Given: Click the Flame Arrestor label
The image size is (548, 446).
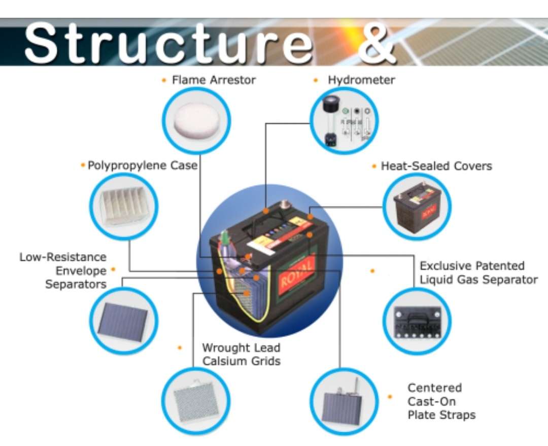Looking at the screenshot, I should [x=214, y=80].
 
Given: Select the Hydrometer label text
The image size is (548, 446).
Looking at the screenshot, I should [x=361, y=80].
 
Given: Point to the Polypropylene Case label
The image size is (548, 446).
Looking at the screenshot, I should [x=143, y=165].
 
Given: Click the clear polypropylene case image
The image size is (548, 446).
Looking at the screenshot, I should [x=124, y=207].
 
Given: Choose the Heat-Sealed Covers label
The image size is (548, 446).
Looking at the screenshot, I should [x=436, y=166].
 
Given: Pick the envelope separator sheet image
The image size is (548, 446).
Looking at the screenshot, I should [x=123, y=321].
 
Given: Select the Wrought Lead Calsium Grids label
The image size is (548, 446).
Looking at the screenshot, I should [x=241, y=354].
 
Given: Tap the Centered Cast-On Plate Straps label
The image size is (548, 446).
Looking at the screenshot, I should [x=441, y=401].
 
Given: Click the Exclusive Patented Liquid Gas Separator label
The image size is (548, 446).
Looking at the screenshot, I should [x=478, y=272].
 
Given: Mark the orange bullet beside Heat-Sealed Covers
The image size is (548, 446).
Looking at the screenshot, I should [x=374, y=166].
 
